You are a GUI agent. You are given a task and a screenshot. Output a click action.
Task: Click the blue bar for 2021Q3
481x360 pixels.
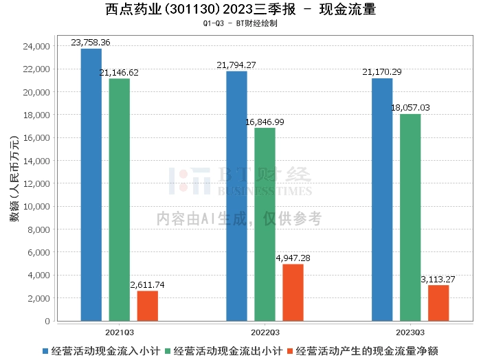click(x=91, y=185)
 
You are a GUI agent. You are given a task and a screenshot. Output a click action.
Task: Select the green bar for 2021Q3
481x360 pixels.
click(x=119, y=200)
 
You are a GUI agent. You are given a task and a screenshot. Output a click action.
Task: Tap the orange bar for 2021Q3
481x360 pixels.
click(x=147, y=306)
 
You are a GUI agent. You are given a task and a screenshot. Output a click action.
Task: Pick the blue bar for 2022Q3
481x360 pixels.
click(x=236, y=196)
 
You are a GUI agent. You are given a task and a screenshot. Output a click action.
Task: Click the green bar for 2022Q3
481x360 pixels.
click(x=265, y=224)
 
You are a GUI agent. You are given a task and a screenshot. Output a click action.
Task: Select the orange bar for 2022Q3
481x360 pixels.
click(x=293, y=292)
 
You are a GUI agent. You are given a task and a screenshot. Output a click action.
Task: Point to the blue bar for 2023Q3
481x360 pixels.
click(x=382, y=199)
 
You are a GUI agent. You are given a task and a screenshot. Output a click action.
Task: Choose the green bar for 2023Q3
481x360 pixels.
click(x=410, y=217)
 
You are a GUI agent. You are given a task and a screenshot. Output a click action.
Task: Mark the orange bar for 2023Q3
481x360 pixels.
click(x=438, y=303)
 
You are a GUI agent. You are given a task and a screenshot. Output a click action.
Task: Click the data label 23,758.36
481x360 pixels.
click(x=91, y=43)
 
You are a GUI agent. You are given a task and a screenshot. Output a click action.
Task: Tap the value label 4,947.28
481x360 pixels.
click(x=293, y=258)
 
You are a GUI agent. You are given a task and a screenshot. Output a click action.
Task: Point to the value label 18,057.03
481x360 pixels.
click(x=410, y=108)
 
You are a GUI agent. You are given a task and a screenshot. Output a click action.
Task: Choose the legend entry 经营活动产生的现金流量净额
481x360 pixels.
click(x=366, y=350)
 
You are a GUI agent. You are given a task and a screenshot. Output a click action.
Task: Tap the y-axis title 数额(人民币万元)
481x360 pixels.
click(x=14, y=184)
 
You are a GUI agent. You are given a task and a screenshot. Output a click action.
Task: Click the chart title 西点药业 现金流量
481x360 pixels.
click(x=240, y=10)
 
